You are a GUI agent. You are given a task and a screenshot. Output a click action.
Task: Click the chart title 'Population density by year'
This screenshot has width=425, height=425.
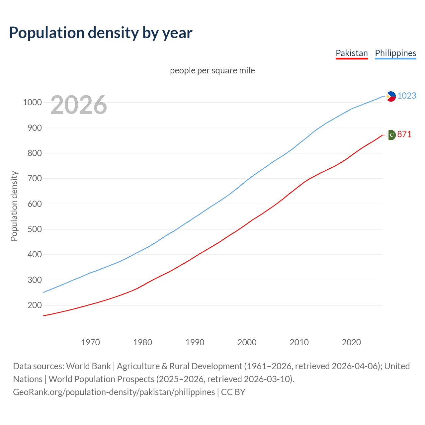point(101,33)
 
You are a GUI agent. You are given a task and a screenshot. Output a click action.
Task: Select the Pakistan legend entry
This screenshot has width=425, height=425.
point(352,53)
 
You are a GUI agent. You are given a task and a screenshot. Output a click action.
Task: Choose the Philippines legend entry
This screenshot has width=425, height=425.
point(395,53)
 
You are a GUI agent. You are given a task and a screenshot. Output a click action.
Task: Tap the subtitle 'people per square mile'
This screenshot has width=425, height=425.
point(212,70)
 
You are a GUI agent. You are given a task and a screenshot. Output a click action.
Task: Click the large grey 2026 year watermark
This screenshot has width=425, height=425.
point(79,105)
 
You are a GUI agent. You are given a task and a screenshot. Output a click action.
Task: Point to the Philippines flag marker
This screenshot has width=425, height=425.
point(391,96)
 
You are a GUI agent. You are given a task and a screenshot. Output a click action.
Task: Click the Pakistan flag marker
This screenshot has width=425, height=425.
point(391,135)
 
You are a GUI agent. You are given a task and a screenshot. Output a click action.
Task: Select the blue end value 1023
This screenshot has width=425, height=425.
point(407,96)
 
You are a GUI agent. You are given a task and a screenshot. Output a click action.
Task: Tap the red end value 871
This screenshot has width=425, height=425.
point(404,134)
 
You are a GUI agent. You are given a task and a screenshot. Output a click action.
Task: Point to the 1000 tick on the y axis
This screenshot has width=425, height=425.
point(32,102)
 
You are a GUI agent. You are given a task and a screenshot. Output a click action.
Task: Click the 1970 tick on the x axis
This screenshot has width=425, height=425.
point(90,342)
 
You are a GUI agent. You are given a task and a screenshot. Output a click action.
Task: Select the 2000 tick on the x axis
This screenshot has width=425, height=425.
point(247,342)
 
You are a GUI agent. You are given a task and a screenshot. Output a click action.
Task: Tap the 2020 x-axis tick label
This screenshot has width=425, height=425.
point(351,342)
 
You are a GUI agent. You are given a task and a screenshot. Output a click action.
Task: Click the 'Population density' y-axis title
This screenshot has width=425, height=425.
point(14,206)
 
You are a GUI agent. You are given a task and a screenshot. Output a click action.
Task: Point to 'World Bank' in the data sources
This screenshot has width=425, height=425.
point(88,366)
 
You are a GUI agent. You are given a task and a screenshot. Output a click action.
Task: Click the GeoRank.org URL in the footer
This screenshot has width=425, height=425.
point(114,392)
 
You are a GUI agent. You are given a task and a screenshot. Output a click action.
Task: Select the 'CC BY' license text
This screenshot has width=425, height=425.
point(233,392)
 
